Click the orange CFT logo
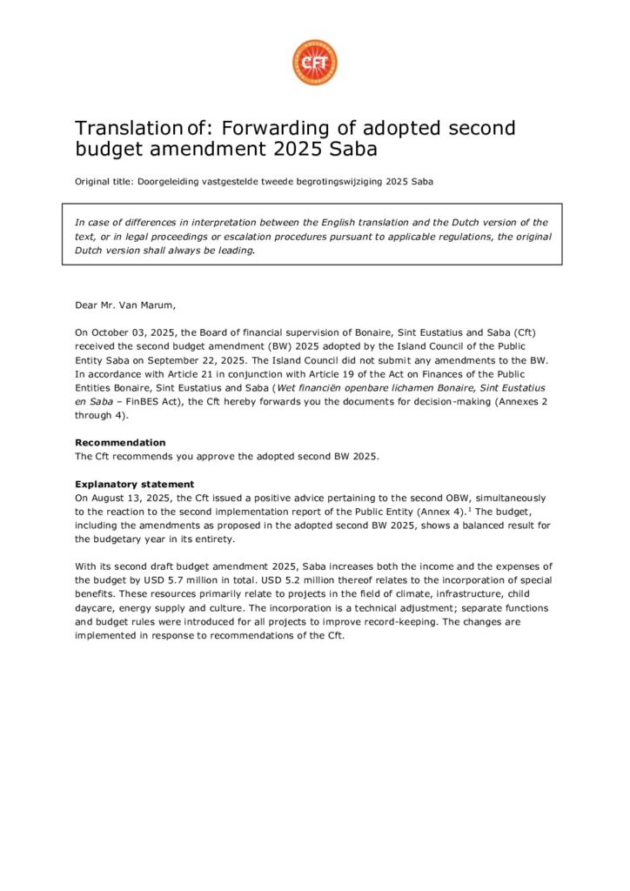314,63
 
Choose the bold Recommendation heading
120,442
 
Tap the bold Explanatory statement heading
134,484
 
